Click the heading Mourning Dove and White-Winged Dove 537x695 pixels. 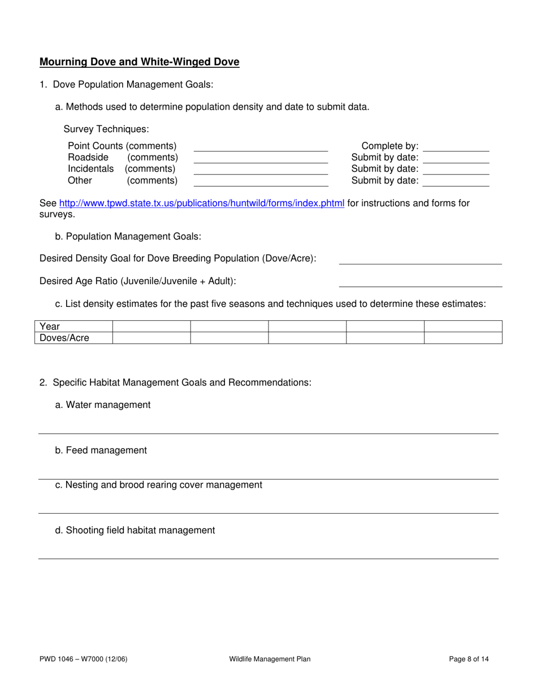coord(139,62)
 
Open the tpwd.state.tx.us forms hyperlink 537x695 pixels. coord(201,203)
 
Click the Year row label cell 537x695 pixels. coord(75,327)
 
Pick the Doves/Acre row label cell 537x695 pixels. coord(75,338)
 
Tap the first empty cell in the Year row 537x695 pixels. coord(151,327)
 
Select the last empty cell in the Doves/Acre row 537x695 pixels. coord(463,338)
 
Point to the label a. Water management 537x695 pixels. coord(103,405)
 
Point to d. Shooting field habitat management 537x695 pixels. coord(135,530)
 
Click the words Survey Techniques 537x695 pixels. coord(106,129)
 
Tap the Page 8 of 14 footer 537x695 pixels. coord(469,659)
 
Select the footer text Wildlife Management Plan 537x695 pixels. coord(270,659)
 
